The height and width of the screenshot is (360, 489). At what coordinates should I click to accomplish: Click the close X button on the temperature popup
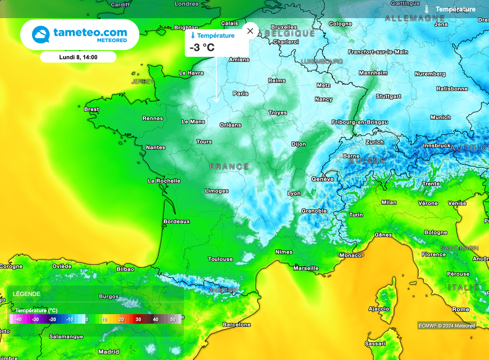point(250,31)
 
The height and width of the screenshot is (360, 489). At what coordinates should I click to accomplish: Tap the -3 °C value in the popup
point(202,47)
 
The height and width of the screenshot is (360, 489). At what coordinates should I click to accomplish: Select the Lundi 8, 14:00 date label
point(78,57)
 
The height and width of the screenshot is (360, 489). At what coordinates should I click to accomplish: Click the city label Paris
point(241,94)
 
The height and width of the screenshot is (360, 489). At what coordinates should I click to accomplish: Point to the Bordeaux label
point(177,222)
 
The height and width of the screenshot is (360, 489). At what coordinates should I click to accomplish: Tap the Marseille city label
point(306,268)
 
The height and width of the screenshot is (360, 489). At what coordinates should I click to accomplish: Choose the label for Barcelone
point(237,325)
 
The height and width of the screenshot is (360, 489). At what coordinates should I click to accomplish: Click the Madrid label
point(109,352)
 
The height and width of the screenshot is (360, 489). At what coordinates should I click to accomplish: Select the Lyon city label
point(294,193)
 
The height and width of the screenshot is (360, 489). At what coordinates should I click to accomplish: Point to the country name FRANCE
point(229,167)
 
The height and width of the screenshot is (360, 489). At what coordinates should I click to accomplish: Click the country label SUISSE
point(367,161)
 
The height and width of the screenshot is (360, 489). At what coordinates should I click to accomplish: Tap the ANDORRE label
point(223,290)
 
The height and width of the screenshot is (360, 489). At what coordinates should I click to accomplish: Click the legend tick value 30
point(138,319)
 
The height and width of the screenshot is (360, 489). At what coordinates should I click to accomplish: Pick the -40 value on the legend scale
point(18,319)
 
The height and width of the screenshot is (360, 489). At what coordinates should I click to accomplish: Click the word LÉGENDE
point(27,294)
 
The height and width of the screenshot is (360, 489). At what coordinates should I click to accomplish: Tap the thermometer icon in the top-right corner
point(427,9)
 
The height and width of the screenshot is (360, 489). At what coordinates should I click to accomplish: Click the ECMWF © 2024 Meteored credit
point(446,326)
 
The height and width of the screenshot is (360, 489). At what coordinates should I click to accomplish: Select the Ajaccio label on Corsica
point(379,309)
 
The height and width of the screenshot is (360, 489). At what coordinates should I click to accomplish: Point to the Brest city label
point(92,109)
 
